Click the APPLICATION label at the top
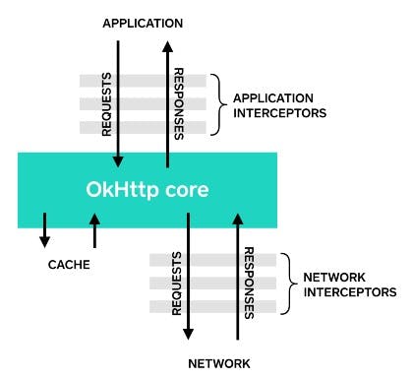pyautogui.click(x=143, y=21)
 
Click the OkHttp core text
pyautogui.click(x=147, y=188)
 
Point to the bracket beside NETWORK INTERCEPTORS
pyautogui.click(x=286, y=283)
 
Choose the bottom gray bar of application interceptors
pyautogui.click(x=143, y=128)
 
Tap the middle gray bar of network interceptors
pyautogui.click(x=211, y=284)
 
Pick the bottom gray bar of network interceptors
pyautogui.click(x=211, y=306)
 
